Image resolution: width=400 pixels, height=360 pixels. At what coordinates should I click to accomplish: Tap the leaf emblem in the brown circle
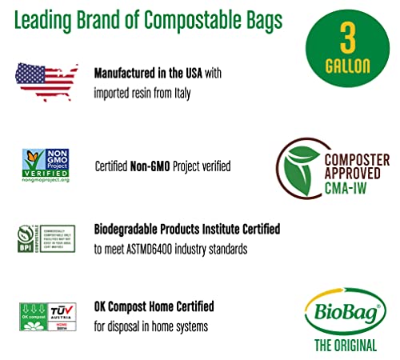pyautogui.click(x=296, y=166)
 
